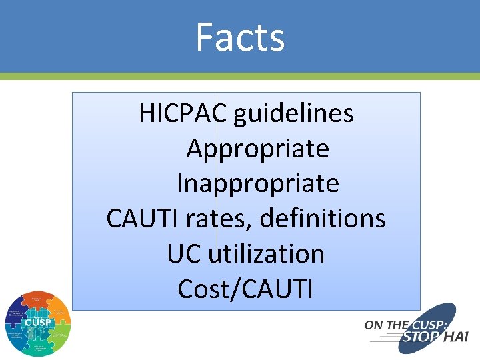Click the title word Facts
click(240, 37)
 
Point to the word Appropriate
click(257, 149)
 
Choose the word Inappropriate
click(257, 183)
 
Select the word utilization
click(266, 253)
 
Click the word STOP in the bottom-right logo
click(419, 337)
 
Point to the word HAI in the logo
click(455, 337)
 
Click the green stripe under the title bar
click(240, 77)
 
